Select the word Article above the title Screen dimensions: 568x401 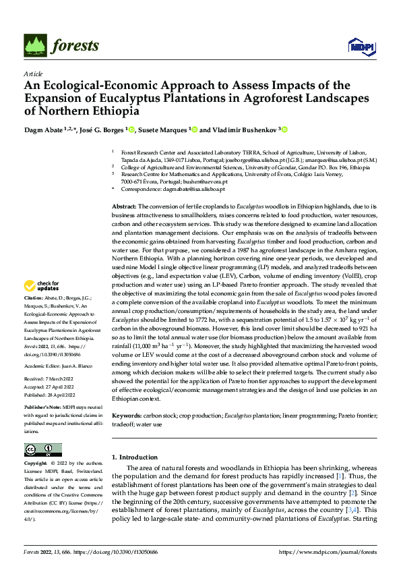point(33,74)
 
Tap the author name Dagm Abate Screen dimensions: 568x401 point(42,130)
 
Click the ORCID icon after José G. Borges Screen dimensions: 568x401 point(132,130)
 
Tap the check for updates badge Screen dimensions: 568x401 point(44,305)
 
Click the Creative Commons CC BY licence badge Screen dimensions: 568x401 point(43,450)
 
